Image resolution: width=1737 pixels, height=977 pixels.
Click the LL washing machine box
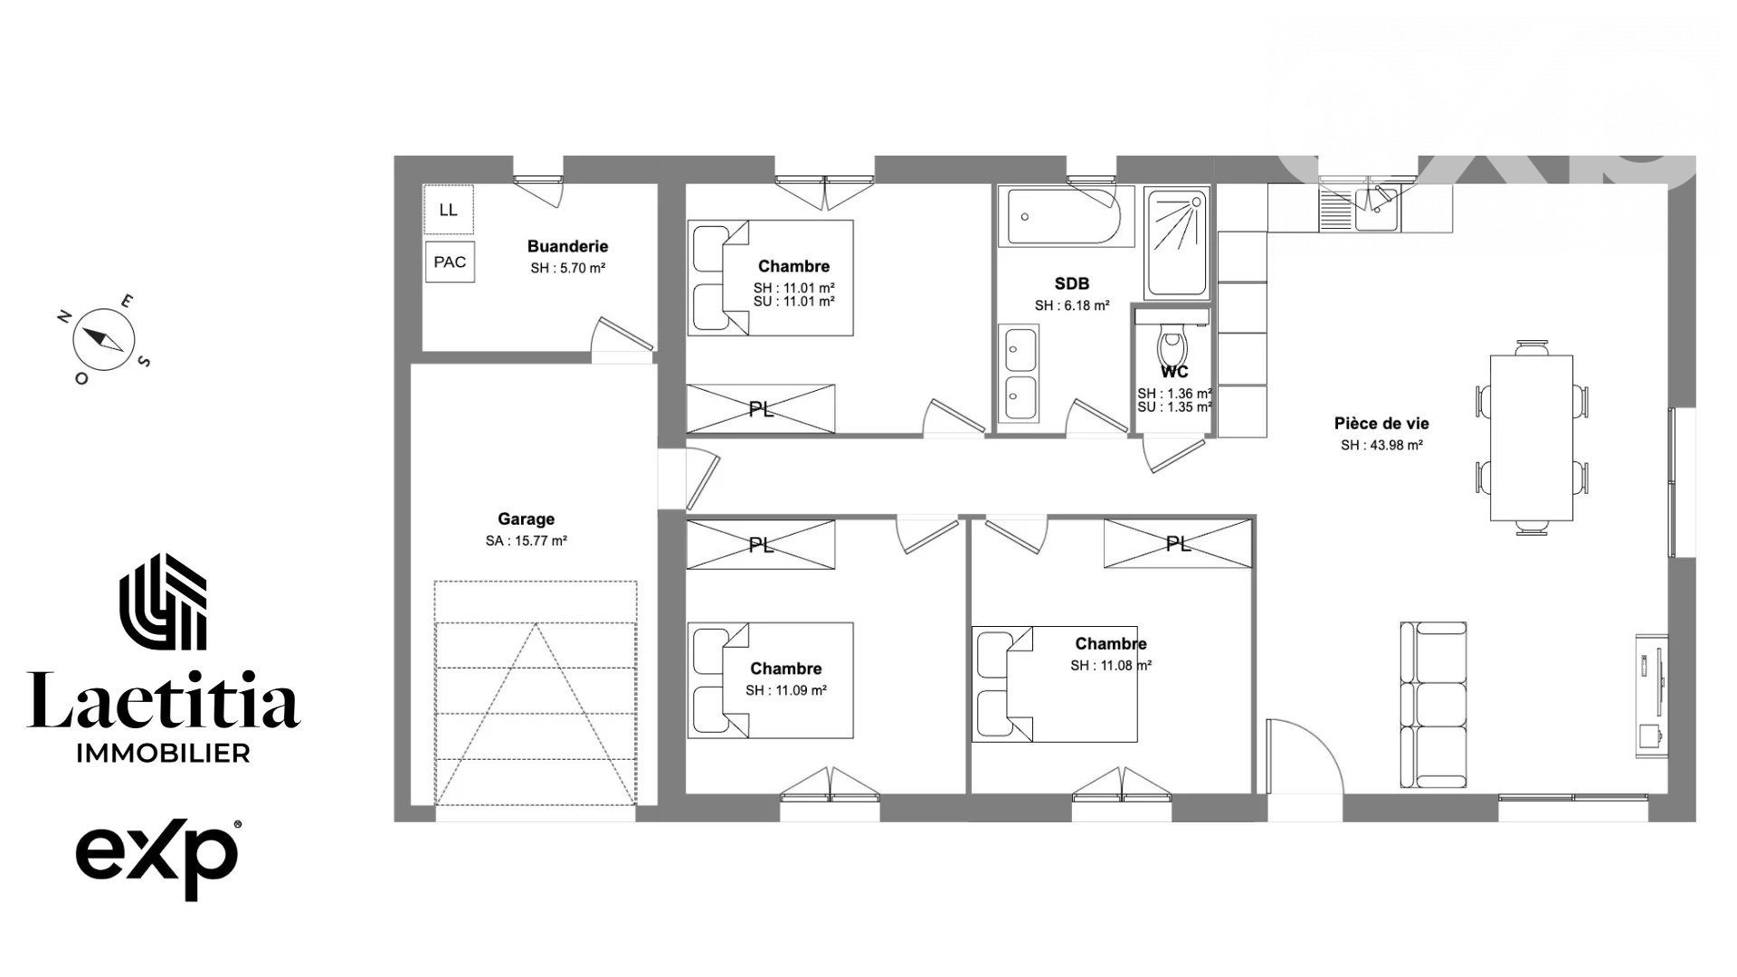(448, 210)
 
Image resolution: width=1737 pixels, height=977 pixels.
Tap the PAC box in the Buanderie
(450, 261)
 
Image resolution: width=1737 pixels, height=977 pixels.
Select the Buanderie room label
(568, 246)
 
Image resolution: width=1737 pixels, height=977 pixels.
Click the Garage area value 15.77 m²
(527, 541)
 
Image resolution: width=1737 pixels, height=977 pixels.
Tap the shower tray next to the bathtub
(1177, 243)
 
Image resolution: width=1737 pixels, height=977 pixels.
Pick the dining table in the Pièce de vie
(1531, 438)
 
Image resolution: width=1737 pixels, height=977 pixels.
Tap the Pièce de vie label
(1381, 423)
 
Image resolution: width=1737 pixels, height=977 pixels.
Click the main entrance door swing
(1305, 756)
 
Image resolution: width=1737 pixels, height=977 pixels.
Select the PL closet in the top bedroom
(761, 409)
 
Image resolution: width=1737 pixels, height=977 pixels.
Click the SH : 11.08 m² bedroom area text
(1111, 666)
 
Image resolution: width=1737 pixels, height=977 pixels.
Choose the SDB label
(1072, 284)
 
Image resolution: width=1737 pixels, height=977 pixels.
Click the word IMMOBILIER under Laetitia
(165, 753)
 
